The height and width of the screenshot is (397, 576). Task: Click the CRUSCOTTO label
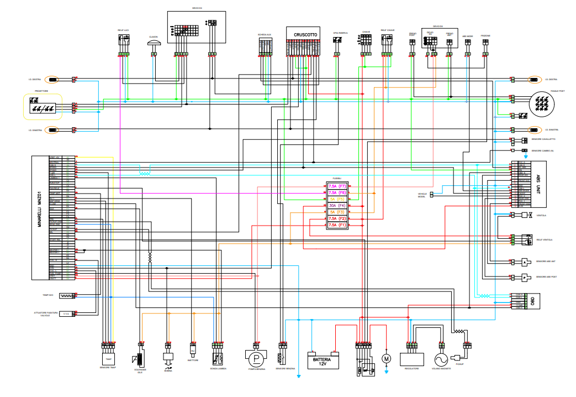click(302, 34)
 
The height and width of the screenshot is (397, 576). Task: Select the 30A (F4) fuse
click(337, 205)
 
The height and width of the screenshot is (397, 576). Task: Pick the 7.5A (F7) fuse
click(337, 186)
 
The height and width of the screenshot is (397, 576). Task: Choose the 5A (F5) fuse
click(337, 198)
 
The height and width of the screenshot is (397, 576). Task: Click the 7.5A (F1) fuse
click(337, 225)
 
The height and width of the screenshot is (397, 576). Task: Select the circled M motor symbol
click(386, 358)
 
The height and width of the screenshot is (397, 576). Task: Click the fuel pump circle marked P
click(255, 358)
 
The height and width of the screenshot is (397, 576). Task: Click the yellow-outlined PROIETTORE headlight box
click(43, 107)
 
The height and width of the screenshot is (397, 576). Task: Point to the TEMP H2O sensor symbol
click(66, 296)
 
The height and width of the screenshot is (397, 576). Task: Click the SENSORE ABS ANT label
click(547, 262)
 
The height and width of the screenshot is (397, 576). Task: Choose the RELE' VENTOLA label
click(545, 240)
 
